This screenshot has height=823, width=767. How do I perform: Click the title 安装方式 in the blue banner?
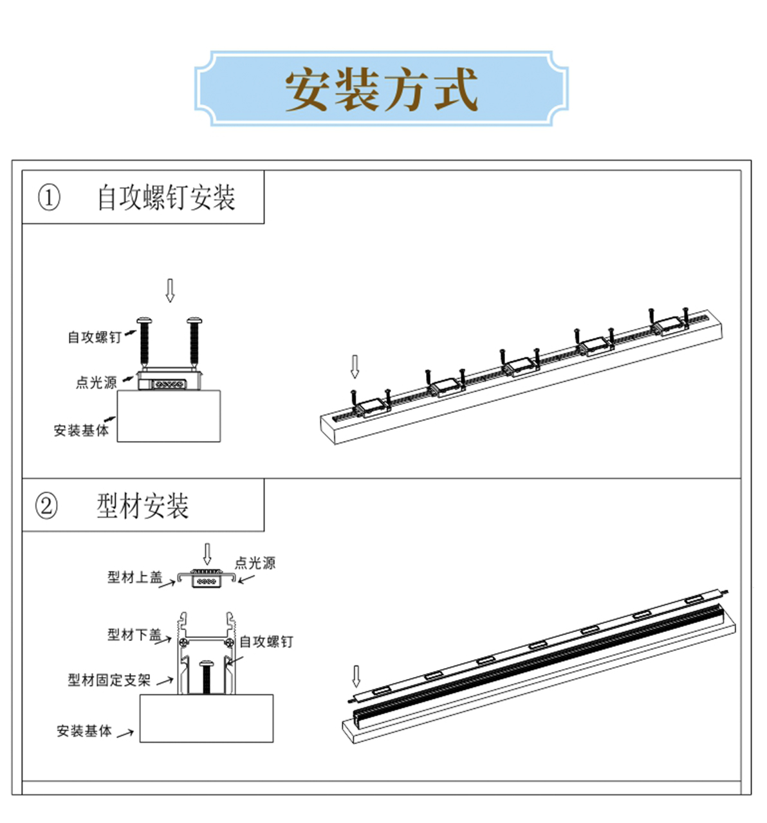click(x=382, y=89)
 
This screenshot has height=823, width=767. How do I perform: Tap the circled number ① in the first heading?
click(x=50, y=197)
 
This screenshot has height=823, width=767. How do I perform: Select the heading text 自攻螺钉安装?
click(x=166, y=197)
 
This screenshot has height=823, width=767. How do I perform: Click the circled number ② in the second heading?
click(x=46, y=505)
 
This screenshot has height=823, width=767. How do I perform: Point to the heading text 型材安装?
click(x=143, y=506)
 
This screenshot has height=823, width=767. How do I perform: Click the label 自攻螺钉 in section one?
click(x=95, y=337)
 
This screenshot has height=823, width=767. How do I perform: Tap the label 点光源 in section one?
click(x=97, y=383)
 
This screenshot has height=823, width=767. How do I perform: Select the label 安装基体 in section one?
click(x=81, y=430)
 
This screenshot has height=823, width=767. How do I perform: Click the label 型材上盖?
click(x=134, y=577)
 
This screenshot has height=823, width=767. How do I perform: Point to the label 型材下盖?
click(x=134, y=635)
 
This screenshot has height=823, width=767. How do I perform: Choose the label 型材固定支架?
click(x=109, y=680)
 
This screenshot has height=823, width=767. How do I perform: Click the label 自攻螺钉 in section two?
click(x=266, y=641)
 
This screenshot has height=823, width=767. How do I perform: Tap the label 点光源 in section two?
click(x=255, y=563)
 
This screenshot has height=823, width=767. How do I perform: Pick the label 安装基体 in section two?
click(x=84, y=730)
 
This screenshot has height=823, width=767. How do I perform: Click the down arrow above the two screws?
click(x=170, y=290)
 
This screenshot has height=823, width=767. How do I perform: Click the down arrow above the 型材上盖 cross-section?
click(x=207, y=554)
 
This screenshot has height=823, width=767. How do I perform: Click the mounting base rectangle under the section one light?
click(x=169, y=416)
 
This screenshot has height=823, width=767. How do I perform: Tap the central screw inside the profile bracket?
click(x=207, y=676)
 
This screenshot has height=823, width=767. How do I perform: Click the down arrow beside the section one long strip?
click(x=354, y=366)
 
